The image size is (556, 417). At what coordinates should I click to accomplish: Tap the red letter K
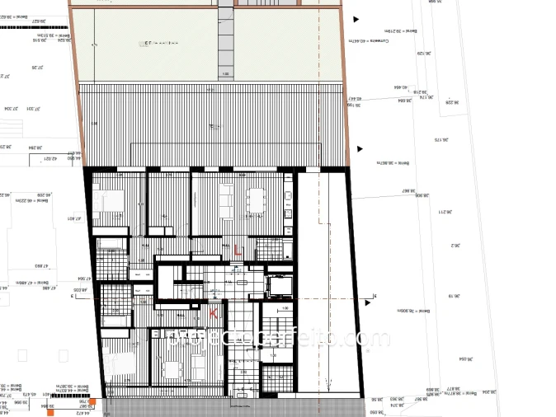tap(214, 313)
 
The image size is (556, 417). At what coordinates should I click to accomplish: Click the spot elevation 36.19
tap(452, 296)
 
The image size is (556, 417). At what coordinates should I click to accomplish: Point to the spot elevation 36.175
tap(438, 141)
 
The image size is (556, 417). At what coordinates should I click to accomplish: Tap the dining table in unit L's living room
tap(257, 199)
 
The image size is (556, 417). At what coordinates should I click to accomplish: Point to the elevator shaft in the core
tap(278, 284)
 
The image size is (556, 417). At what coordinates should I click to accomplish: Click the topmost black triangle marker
tap(356, 18)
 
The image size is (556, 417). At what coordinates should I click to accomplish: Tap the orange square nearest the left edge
tap(51, 411)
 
